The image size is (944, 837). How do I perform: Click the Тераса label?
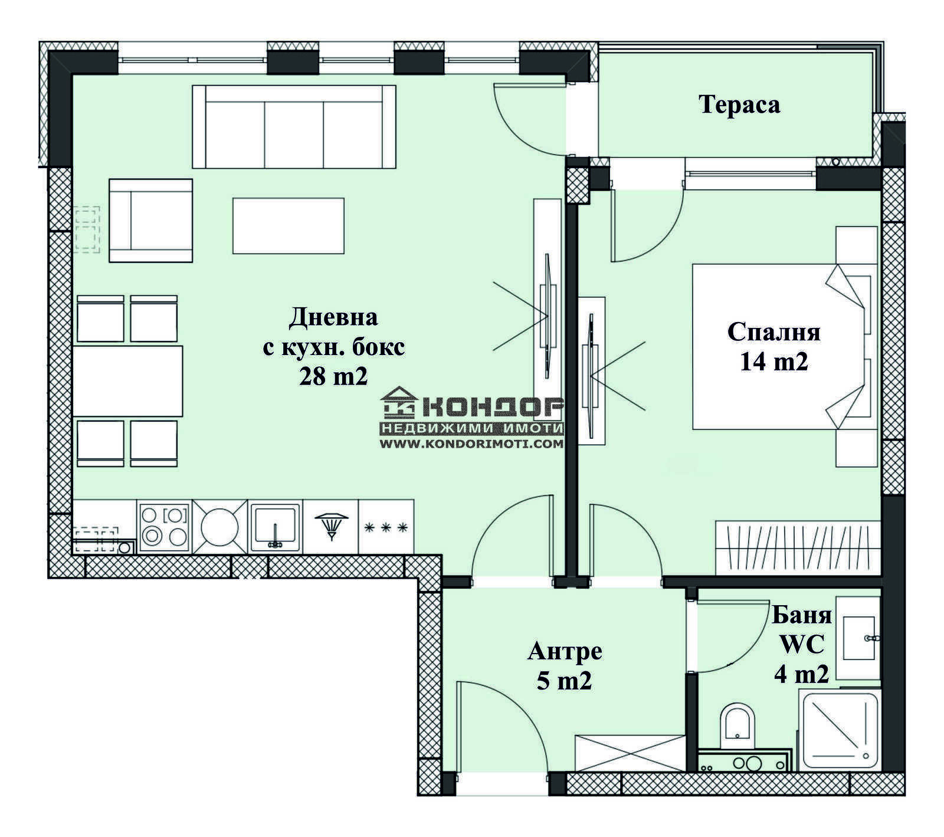[739, 104]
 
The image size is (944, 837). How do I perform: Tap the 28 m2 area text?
[333, 376]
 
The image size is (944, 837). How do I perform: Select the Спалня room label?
[773, 332]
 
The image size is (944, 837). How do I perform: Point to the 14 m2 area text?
[773, 361]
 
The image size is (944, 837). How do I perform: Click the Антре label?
[565, 651]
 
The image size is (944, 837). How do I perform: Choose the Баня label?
[802, 616]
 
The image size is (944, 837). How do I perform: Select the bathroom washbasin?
[859, 638]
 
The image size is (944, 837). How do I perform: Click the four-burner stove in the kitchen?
[165, 527]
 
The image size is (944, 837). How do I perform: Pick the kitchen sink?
[275, 527]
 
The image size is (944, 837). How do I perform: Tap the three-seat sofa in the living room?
[294, 126]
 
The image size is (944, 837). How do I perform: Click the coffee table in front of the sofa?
[289, 226]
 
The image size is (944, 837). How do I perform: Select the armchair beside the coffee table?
[151, 221]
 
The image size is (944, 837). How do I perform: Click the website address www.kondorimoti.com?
[471, 444]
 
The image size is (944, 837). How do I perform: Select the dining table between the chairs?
[127, 381]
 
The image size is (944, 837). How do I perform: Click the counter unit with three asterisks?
[386, 527]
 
